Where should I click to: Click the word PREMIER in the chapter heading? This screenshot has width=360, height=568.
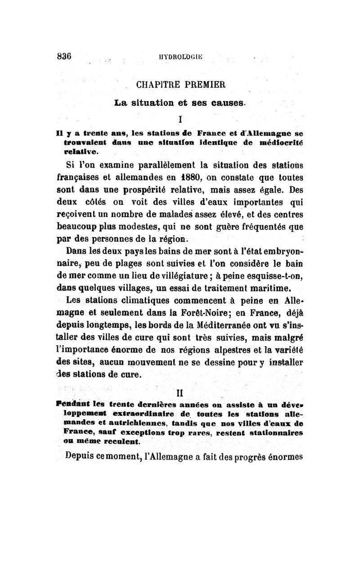204,84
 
